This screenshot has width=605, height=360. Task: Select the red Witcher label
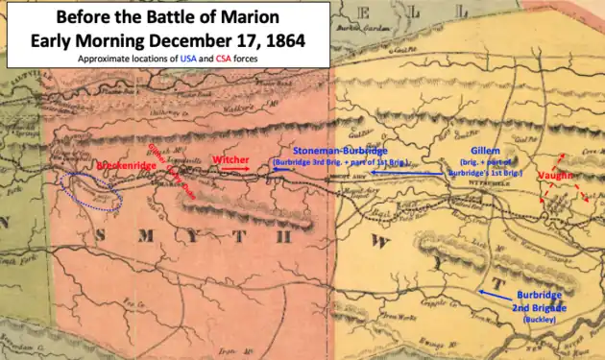tap(230, 158)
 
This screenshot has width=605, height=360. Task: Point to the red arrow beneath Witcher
tap(233, 169)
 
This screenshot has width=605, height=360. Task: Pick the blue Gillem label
tap(486, 152)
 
